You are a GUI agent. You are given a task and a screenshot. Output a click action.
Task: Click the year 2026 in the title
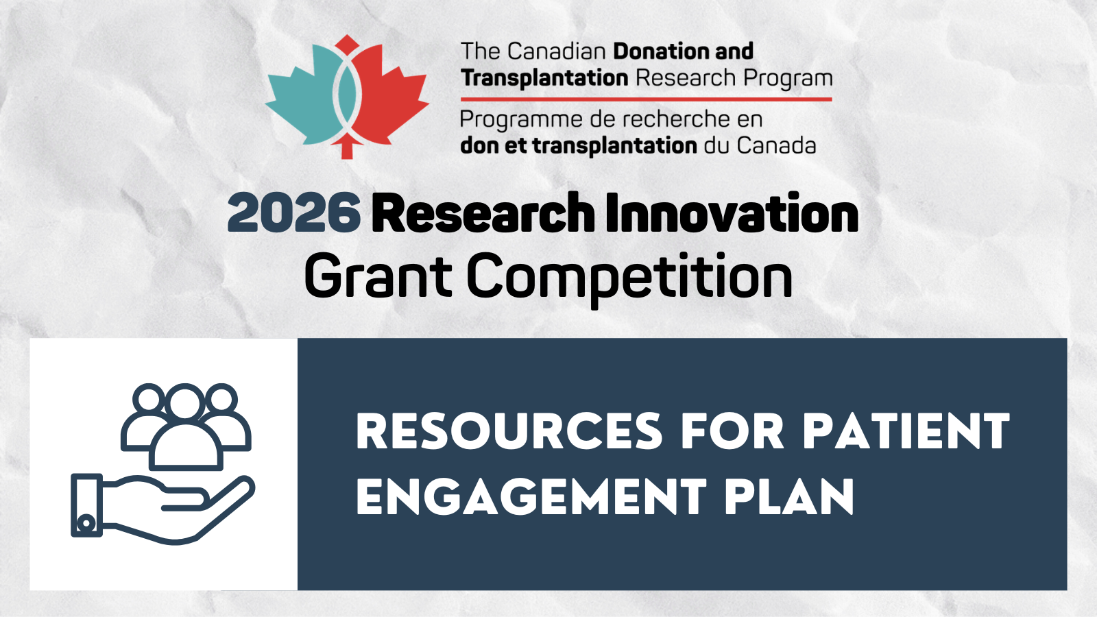pyautogui.click(x=294, y=213)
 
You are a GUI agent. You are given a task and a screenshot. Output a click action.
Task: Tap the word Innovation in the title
pyautogui.click(x=732, y=212)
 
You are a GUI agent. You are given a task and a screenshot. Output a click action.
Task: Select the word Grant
pyautogui.click(x=378, y=275)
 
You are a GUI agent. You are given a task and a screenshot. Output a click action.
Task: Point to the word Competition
pyautogui.click(x=630, y=278)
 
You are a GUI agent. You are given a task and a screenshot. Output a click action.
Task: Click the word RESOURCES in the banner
pyautogui.click(x=509, y=431)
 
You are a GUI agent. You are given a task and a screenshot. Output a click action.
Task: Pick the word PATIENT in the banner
pyautogui.click(x=906, y=431)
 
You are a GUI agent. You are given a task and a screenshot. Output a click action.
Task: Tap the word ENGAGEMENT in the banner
pyautogui.click(x=531, y=497)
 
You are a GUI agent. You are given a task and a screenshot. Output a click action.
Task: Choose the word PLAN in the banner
pyautogui.click(x=790, y=497)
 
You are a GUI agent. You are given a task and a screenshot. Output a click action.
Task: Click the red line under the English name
pyautogui.click(x=647, y=99)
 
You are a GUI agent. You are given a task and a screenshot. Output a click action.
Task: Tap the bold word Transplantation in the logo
pyautogui.click(x=544, y=78)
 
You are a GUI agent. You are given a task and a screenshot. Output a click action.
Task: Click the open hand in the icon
pyautogui.click(x=163, y=507)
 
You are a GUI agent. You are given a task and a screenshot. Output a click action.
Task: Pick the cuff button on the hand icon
pyautogui.click(x=86, y=524)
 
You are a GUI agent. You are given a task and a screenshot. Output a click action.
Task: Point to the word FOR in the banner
pyautogui.click(x=733, y=431)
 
